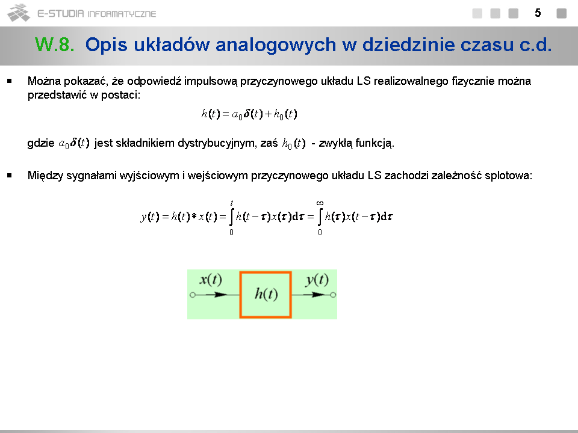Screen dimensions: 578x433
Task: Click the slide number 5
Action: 538,13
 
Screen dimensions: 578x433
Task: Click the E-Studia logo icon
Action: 19,13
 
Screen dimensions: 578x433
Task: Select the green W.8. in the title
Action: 55,45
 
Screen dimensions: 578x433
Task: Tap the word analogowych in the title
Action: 276,45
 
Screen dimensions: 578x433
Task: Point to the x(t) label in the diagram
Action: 211,280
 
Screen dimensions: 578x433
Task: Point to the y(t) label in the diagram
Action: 317,280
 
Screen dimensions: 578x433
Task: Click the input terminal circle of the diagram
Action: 193,295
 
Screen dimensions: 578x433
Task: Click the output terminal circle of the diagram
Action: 333,295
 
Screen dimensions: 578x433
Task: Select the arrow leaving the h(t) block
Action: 311,295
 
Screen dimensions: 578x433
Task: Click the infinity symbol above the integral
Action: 320,203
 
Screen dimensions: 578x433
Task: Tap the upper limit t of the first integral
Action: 231,203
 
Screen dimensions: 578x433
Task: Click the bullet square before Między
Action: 10,176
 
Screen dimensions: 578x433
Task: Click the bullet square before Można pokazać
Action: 10,81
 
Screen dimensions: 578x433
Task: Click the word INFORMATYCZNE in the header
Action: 122,14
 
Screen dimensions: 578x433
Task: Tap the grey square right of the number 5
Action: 561,13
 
